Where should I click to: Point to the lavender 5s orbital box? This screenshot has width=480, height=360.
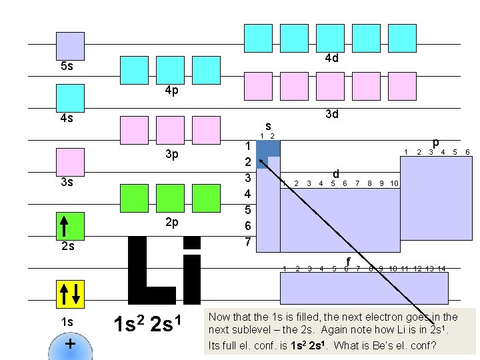click(x=70, y=46)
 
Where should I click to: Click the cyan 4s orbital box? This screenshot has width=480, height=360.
click(x=70, y=98)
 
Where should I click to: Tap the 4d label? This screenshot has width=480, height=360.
click(x=332, y=59)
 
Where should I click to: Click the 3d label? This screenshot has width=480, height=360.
click(x=332, y=114)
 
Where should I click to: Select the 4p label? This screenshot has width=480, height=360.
click(x=171, y=91)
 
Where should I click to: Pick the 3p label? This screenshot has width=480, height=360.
click(x=171, y=155)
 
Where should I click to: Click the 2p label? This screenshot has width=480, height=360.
click(x=171, y=222)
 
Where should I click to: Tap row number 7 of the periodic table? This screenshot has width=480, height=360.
click(x=247, y=241)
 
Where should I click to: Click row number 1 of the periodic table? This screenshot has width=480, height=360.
click(x=247, y=147)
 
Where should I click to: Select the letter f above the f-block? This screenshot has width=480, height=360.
click(x=347, y=260)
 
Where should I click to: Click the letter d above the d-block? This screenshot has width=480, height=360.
click(x=337, y=173)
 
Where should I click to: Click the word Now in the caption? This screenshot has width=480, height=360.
click(x=221, y=317)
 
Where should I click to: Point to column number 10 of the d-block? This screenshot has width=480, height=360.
click(x=393, y=183)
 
